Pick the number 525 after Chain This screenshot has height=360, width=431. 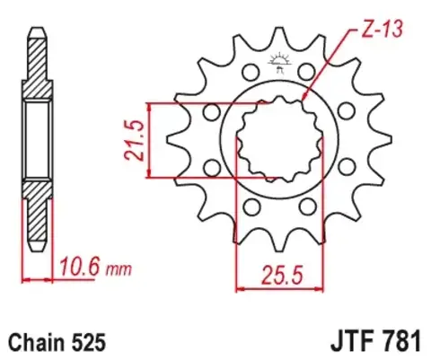(x=92, y=342)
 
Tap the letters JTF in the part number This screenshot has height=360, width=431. (x=346, y=342)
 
